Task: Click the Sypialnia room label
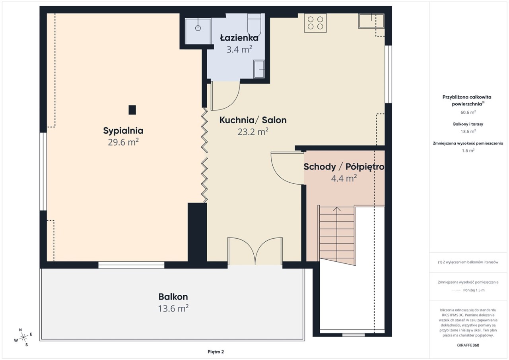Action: pyautogui.click(x=123, y=131)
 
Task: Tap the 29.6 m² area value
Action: pyautogui.click(x=123, y=142)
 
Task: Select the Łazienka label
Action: pyautogui.click(x=239, y=38)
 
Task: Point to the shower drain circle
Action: pyautogui.click(x=198, y=28)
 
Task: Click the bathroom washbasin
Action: pyautogui.click(x=259, y=69)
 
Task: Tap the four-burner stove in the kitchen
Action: pyautogui.click(x=315, y=23)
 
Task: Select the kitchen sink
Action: pyautogui.click(x=371, y=21)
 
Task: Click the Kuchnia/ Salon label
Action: pyautogui.click(x=253, y=120)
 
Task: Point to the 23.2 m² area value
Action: pyautogui.click(x=253, y=132)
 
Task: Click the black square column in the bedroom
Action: pyautogui.click(x=132, y=110)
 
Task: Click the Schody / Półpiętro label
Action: pyautogui.click(x=344, y=167)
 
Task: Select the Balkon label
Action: pyautogui.click(x=173, y=297)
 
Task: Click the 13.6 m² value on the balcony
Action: pyautogui.click(x=173, y=309)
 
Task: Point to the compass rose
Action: pyautogui.click(x=23, y=337)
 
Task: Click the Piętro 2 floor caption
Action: pyautogui.click(x=216, y=352)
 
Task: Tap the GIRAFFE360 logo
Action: pyautogui.click(x=468, y=345)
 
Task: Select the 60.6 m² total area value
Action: pyautogui.click(x=468, y=112)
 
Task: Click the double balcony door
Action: pyautogui.click(x=255, y=251)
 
